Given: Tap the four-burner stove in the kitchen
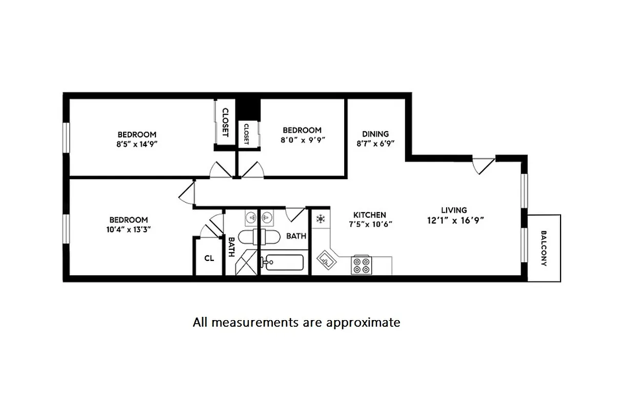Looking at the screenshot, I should tap(361, 265).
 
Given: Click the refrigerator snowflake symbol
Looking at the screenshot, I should tap(320, 219).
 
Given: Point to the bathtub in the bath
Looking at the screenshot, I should tap(282, 263).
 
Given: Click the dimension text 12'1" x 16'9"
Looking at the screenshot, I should tap(454, 220).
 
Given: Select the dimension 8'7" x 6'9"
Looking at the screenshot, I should tap(375, 144).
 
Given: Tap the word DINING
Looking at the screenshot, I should tap(375, 134).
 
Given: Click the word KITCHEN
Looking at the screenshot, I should tap(369, 215).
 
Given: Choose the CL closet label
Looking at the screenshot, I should tap(209, 258).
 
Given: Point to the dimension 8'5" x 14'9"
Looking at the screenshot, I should tap(136, 144).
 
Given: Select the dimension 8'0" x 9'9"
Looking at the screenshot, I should tap(302, 139).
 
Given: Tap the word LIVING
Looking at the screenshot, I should tap(454, 210).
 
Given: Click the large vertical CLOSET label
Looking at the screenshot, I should tap(225, 122).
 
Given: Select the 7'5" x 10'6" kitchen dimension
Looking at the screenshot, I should tap(369, 225).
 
